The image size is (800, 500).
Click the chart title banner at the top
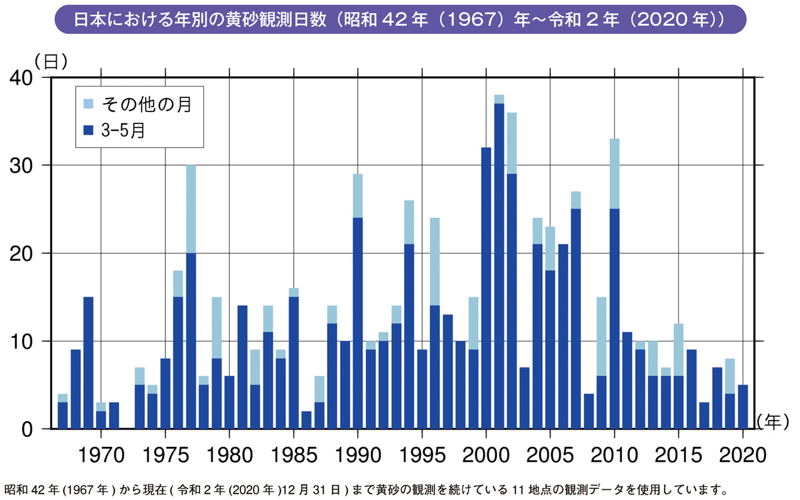(399, 19)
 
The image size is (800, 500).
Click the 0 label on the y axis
(29, 429)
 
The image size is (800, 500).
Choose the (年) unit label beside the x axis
(776, 421)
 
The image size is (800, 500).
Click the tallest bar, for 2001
(499, 263)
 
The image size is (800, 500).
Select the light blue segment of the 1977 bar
(191, 209)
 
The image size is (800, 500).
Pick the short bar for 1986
(306, 420)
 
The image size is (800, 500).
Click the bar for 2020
(743, 407)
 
